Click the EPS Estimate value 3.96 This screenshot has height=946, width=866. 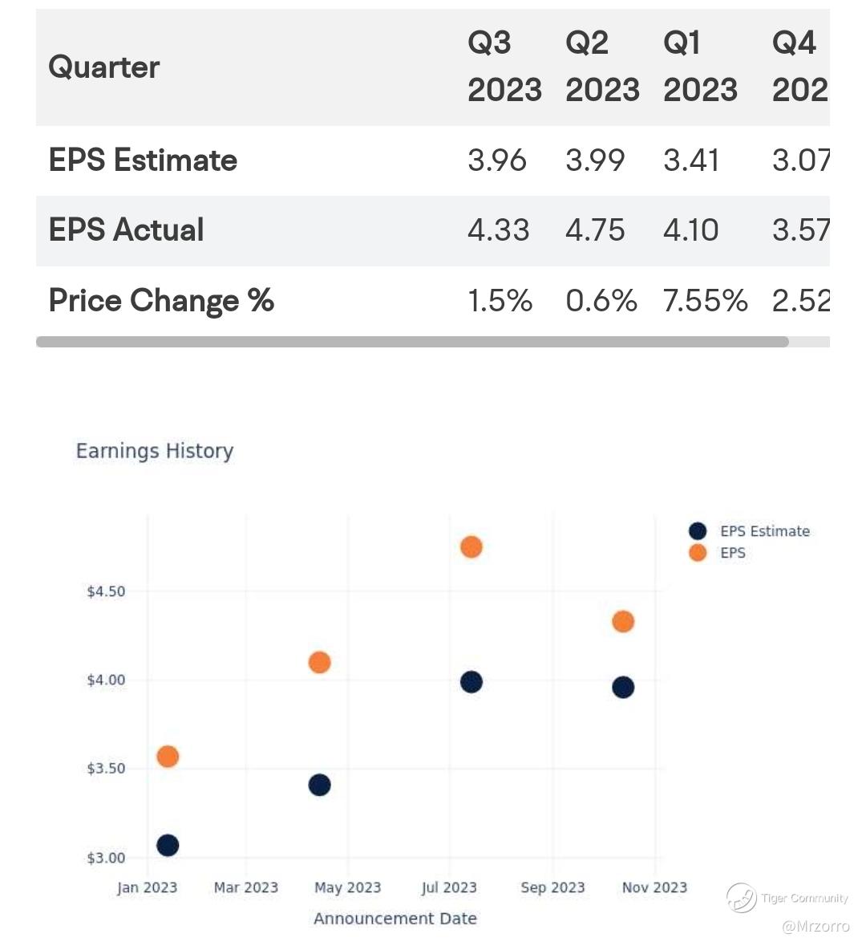497,160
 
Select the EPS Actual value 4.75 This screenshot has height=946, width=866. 595,230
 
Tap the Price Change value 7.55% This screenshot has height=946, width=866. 705,301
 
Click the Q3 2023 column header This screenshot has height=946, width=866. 504,67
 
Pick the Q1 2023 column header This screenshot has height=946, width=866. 700,67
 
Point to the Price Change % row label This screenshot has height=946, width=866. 161,301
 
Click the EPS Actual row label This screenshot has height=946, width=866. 126,230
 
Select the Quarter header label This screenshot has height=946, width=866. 104,67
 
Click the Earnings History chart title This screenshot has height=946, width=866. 155,451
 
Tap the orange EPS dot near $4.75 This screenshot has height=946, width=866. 471,547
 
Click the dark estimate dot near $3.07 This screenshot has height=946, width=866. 168,845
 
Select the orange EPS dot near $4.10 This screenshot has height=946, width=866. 319,662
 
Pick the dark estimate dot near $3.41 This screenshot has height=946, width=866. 319,785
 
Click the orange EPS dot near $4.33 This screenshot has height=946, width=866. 623,621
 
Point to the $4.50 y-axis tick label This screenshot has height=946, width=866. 106,591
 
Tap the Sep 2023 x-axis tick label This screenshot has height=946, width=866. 552,887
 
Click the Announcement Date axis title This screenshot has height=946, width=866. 395,919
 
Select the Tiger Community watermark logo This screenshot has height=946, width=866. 742,897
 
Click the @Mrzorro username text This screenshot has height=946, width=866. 815,927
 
